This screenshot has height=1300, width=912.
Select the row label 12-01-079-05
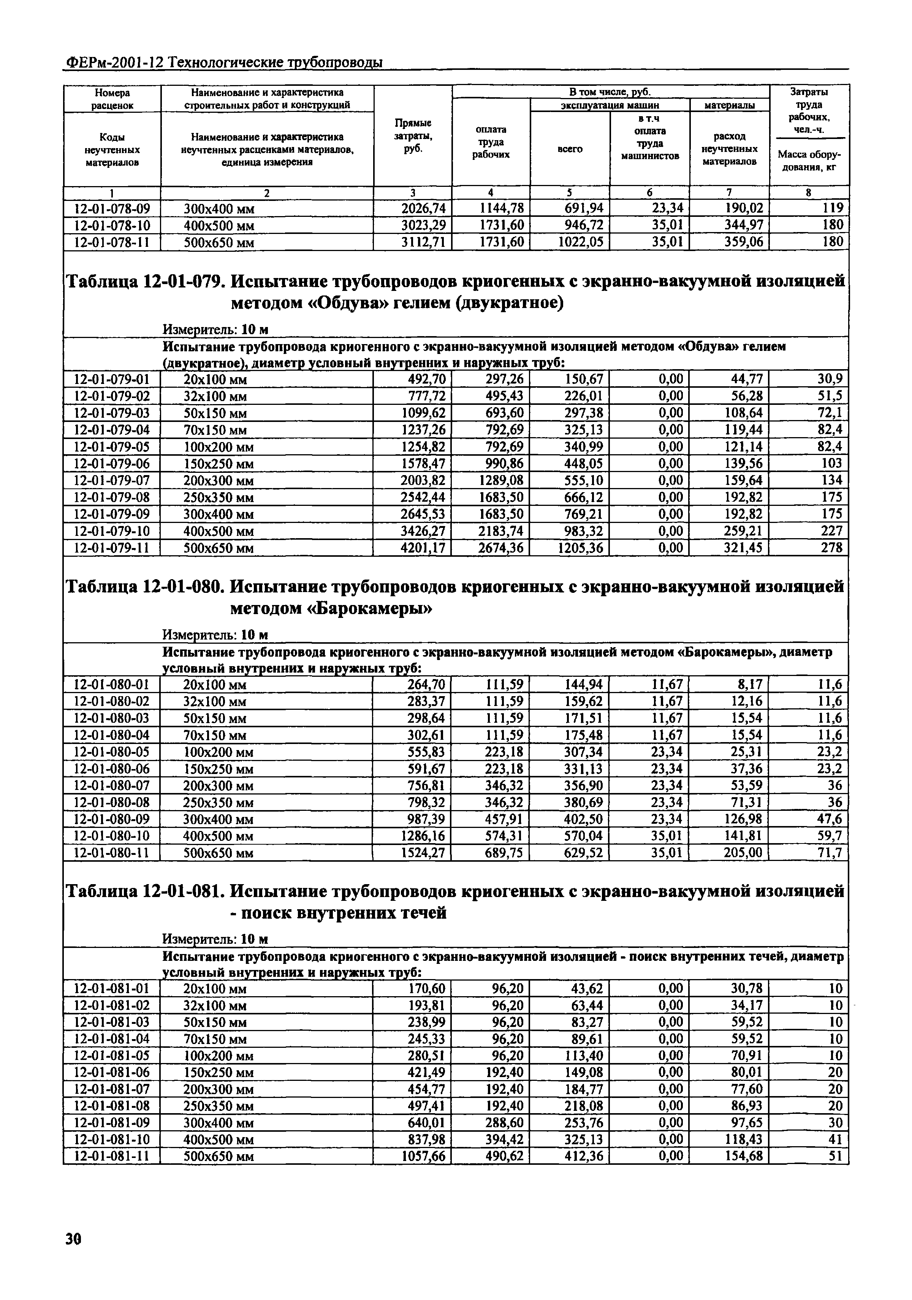click(112, 447)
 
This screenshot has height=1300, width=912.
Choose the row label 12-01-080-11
click(112, 853)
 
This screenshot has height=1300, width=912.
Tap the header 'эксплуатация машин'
click(610, 105)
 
